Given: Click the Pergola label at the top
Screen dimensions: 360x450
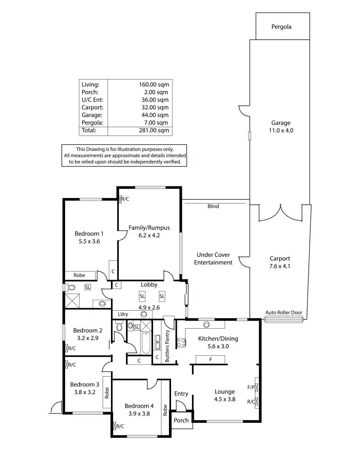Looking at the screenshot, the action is coord(281,27).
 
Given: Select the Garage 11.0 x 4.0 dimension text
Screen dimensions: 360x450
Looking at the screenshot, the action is coord(281,131).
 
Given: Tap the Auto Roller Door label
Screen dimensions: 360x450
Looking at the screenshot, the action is coord(284,313).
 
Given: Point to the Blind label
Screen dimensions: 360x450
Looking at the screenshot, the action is coord(213,206).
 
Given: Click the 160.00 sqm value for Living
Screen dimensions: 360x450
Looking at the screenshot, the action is coord(154,84).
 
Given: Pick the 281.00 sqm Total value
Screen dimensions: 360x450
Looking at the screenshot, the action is coord(154,130).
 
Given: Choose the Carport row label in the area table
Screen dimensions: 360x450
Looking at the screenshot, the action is coord(91,107).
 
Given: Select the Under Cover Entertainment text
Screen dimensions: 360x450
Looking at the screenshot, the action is coord(214,259).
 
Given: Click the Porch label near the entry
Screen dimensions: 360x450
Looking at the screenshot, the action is coord(181,420).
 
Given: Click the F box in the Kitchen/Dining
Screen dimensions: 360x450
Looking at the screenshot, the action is coord(211,359).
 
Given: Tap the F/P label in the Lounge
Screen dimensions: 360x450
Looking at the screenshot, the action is coord(251,387).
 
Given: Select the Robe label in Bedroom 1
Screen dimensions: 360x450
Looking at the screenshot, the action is coord(79,275).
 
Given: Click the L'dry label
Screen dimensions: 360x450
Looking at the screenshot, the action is coord(123,314).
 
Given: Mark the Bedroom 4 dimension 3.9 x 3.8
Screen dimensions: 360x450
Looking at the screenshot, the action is coord(139,414).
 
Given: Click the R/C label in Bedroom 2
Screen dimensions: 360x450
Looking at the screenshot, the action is coord(72,348).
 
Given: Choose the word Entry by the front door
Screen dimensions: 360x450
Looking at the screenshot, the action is coord(181,394).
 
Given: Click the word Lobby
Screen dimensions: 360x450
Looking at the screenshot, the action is coord(149,285).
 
